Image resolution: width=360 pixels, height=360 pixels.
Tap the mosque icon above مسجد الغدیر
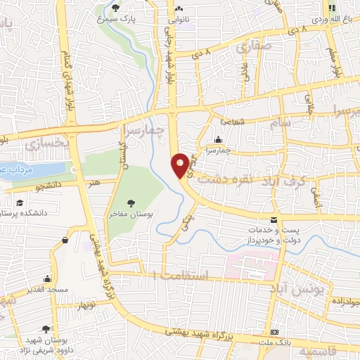coord(47,279)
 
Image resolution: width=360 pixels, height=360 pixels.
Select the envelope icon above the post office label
coord(274,220)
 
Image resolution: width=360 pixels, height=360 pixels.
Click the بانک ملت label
coord(275,341)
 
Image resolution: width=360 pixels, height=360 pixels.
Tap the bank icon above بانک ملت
coord(275,331)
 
